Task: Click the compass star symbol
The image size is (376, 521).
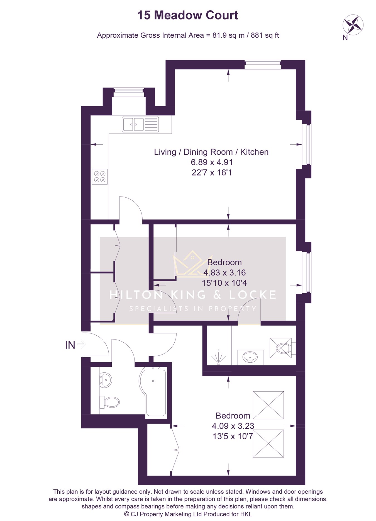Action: coord(353,25)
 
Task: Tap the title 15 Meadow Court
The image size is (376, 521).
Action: coord(188,15)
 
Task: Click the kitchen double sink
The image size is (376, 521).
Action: coord(140,124)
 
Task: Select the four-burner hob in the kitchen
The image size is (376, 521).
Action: coord(100,176)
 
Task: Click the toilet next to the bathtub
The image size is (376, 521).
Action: coord(110,402)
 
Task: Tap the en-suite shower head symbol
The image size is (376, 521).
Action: coord(218,357)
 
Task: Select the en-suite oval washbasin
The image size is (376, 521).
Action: coord(250,357)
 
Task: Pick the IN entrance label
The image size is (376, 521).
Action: coord(70,345)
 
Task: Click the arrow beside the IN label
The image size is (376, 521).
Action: coord(81,345)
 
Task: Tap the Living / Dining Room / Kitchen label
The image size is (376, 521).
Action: coord(211,152)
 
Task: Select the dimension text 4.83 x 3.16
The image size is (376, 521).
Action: coord(224,272)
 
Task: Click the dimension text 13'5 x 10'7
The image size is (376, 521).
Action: coord(233,436)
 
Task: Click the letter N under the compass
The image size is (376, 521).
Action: coord(345,38)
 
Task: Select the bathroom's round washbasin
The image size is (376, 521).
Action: coord(106,379)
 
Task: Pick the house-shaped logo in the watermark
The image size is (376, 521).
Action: coord(192,264)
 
